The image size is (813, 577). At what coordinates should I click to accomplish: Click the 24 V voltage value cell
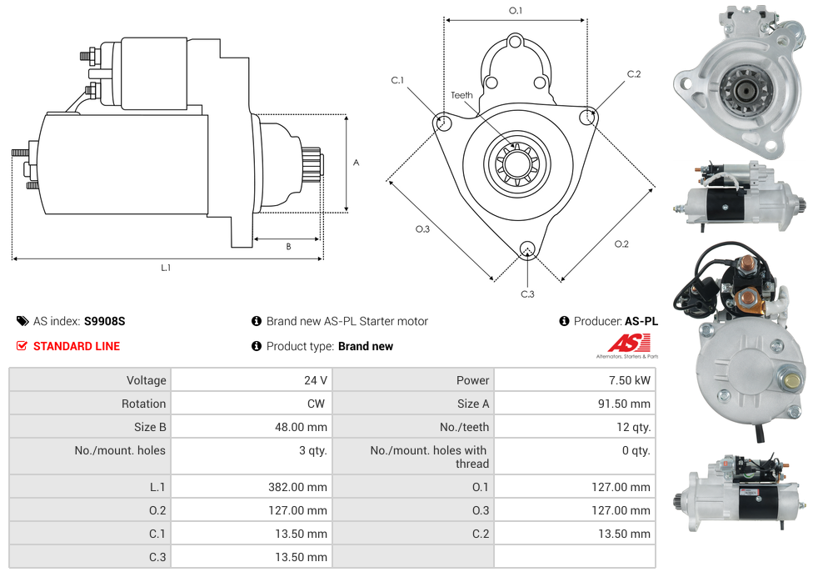pyautogui.click(x=315, y=380)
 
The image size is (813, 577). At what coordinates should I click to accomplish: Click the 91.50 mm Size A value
pyautogui.click(x=624, y=404)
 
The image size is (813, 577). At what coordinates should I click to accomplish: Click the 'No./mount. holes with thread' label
pyautogui.click(x=429, y=457)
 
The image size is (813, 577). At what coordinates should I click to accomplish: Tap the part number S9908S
pyautogui.click(x=104, y=321)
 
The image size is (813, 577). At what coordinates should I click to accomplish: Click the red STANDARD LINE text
pyautogui.click(x=76, y=346)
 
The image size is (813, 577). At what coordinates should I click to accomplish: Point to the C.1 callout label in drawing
pyautogui.click(x=397, y=80)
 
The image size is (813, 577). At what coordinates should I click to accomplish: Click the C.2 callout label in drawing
pyautogui.click(x=634, y=74)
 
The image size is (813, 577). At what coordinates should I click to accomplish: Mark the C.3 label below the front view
pyautogui.click(x=527, y=294)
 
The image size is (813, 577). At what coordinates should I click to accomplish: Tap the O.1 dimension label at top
pyautogui.click(x=516, y=10)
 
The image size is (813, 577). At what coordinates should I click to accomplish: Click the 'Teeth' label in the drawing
pyautogui.click(x=461, y=95)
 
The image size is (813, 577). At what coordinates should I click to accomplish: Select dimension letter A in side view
pyautogui.click(x=357, y=163)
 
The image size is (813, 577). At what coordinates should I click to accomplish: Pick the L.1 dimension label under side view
pyautogui.click(x=166, y=268)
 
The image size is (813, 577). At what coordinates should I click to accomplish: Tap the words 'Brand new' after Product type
pyautogui.click(x=366, y=346)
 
